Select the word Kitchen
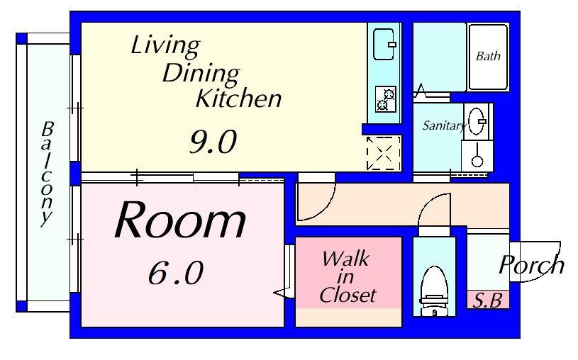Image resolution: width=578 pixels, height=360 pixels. pyautogui.click(x=238, y=99)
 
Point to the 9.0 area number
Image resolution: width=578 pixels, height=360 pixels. pyautogui.click(x=213, y=142)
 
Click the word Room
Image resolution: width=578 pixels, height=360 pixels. pyautogui.click(x=180, y=220)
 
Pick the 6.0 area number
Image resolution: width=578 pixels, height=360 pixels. pyautogui.click(x=176, y=273)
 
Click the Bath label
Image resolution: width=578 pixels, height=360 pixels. pyautogui.click(x=488, y=56)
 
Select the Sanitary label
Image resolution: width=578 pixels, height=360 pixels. pyautogui.click(x=444, y=126)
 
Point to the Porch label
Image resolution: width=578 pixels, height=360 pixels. pyautogui.click(x=531, y=264)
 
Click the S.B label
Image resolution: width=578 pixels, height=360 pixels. pyautogui.click(x=487, y=300)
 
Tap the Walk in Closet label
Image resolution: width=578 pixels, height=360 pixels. pyautogui.click(x=348, y=276)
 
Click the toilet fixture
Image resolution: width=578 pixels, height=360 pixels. pyautogui.click(x=434, y=291)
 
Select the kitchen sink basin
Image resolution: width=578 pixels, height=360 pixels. pyautogui.click(x=384, y=44)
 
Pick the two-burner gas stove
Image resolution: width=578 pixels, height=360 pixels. pyautogui.click(x=386, y=99)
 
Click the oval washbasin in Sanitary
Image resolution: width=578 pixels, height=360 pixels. pyautogui.click(x=477, y=121)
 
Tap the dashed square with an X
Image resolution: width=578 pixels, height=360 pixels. pyautogui.click(x=384, y=153)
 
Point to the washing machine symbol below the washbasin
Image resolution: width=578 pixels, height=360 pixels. pyautogui.click(x=477, y=155)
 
